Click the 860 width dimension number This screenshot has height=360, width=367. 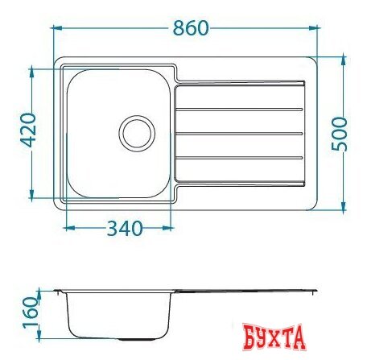click(x=191, y=27)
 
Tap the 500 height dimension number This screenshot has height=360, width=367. click(x=339, y=134)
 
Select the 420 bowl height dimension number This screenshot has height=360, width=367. click(x=28, y=130)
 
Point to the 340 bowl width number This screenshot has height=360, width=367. click(x=125, y=229)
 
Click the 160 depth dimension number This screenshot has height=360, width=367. click(x=30, y=312)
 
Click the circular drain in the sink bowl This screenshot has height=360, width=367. click(x=137, y=134)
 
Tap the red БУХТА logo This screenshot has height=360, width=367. click(x=274, y=337)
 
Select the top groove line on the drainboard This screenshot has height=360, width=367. click(x=239, y=110)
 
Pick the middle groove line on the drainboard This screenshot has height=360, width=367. click(x=239, y=134)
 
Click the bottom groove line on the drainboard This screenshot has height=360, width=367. click(x=239, y=158)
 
